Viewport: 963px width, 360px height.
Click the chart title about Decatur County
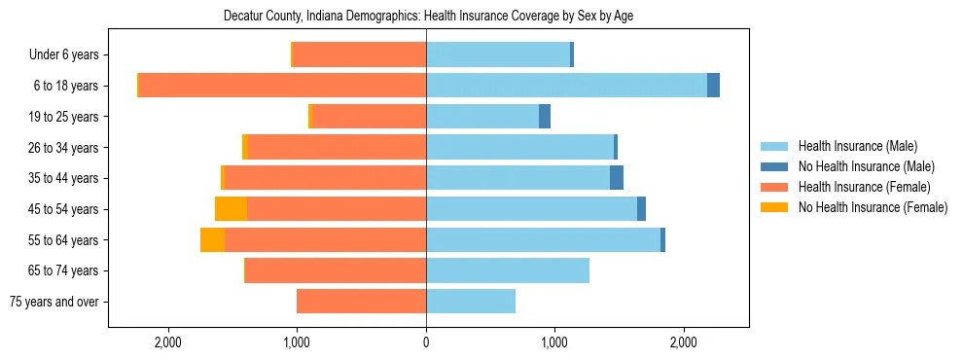pos(428,17)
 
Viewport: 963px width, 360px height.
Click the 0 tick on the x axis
pos(426,342)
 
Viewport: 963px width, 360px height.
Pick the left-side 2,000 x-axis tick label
pos(168,342)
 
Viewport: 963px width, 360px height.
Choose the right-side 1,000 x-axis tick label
pos(554,342)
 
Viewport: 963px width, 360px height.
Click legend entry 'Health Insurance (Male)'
pos(857,146)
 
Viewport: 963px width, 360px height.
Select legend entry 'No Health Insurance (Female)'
pos(873,207)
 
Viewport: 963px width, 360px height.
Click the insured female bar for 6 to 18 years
pos(282,86)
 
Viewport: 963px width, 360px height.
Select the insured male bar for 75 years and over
pos(471,302)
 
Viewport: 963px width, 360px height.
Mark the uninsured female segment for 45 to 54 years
pos(231,209)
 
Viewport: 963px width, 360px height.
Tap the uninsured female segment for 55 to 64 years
pos(212,240)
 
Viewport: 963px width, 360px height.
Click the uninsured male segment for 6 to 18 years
pos(713,86)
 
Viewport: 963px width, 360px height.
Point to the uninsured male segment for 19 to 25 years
pos(545,117)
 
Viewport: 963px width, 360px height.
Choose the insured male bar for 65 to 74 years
pos(508,270)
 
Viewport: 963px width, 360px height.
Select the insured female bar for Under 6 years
pos(359,55)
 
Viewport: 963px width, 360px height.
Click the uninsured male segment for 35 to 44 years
pos(617,178)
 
